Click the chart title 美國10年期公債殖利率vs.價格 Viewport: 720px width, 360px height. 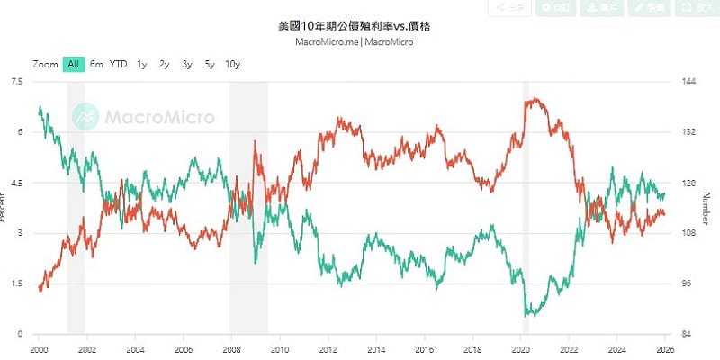tap(360, 27)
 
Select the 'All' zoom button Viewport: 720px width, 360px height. tap(74, 64)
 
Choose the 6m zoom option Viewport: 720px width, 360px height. tap(96, 64)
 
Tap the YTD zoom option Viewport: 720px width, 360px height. tap(118, 64)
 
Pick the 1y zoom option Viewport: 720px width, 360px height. tap(142, 64)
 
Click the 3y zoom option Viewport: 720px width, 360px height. tap(186, 64)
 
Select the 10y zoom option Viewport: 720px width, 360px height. tap(232, 64)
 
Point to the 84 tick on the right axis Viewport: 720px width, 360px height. tap(687, 334)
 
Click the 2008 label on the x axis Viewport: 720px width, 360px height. tap(230, 347)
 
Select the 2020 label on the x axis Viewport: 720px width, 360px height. tap(521, 347)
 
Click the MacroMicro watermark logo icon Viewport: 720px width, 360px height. tap(85, 116)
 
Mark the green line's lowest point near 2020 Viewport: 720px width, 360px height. tap(526, 316)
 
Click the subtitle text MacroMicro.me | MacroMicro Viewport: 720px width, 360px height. tap(360, 41)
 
